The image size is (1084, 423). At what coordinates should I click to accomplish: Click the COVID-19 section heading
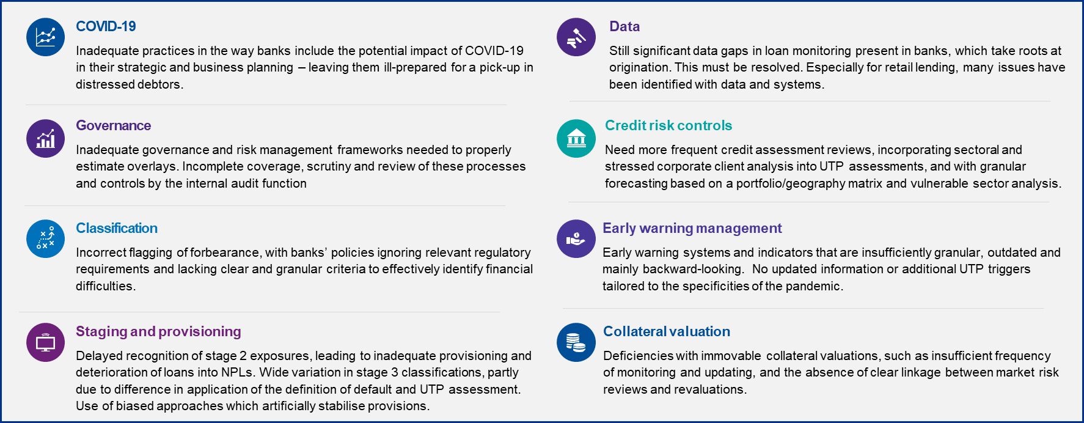pos(106,26)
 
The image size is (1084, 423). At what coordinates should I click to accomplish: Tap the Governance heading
pos(113,125)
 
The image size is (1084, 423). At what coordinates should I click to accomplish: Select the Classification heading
pos(117,228)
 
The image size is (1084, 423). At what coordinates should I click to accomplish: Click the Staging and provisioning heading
pos(158,331)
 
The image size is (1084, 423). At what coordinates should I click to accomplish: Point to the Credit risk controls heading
pos(668,125)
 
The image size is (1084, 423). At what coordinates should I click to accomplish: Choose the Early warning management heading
pos(692,228)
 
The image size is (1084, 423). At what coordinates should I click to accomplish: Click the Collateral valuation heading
pos(667,331)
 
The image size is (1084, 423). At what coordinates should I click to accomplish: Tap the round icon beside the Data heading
pos(576,37)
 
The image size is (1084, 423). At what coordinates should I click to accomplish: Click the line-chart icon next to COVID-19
pos(45,37)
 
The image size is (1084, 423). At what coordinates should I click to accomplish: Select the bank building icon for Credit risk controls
pos(576,138)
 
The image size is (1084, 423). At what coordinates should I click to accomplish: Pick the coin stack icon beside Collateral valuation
pos(576,342)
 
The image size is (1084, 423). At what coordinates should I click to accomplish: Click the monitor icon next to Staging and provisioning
pos(45,342)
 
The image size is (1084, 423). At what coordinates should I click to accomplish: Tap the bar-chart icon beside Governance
pos(45,138)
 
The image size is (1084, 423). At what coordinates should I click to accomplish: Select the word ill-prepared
pos(416,67)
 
